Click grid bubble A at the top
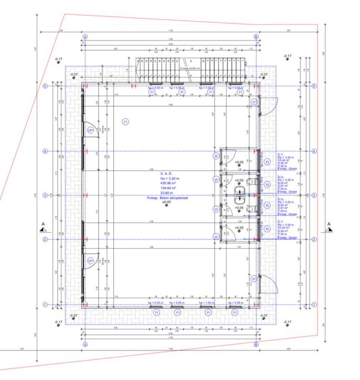[85, 37]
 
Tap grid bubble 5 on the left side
[45, 86]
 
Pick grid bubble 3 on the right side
[314, 195]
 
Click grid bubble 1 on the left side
[45, 305]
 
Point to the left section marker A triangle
[43, 228]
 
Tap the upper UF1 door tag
[91, 130]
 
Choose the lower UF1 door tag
[91, 261]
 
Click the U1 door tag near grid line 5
[254, 101]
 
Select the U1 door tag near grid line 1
[254, 278]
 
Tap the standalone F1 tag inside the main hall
[125, 122]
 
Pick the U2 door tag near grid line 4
[216, 156]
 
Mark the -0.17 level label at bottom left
[58, 321]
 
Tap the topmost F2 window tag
[267, 161]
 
